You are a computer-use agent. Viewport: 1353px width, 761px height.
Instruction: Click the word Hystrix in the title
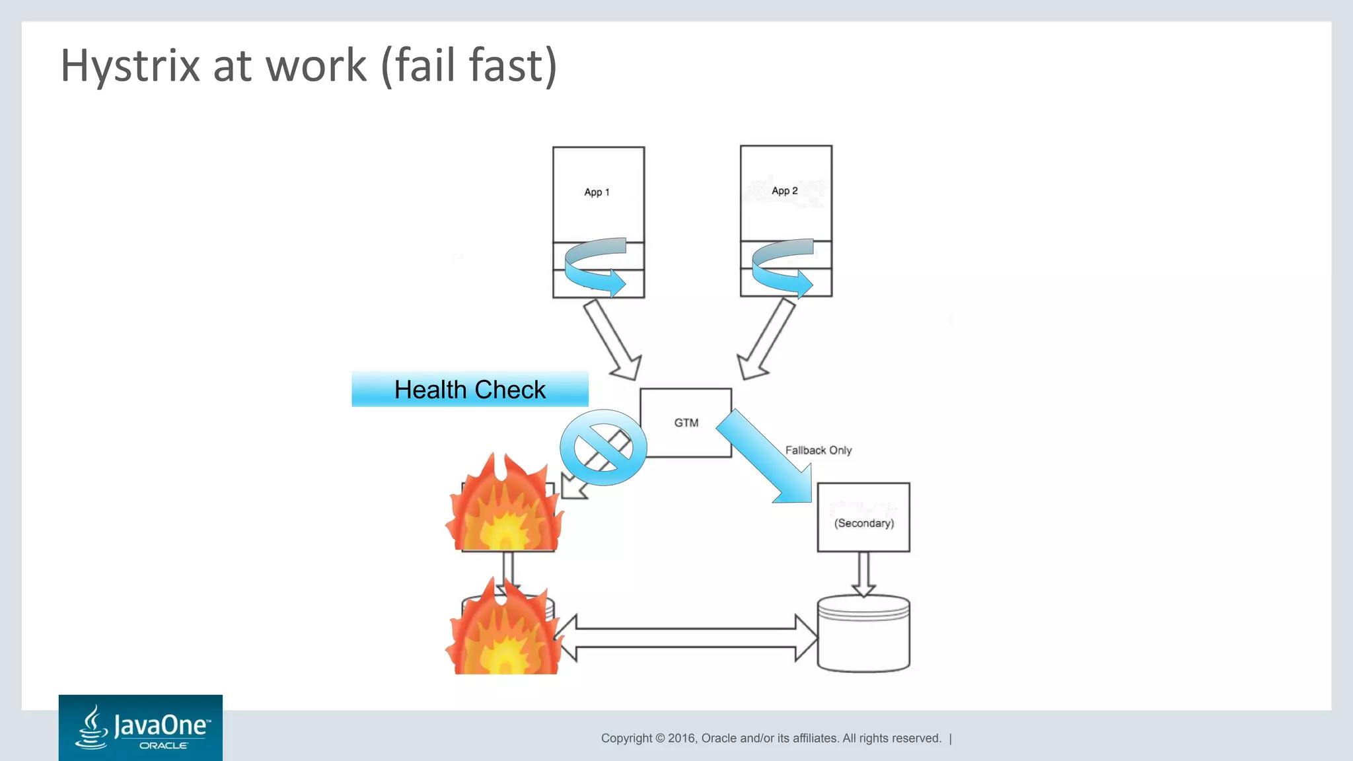129,66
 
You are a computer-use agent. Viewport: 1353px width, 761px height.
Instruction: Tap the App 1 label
597,192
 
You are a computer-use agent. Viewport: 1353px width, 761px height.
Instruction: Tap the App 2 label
784,191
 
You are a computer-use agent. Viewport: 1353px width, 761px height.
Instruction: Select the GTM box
686,423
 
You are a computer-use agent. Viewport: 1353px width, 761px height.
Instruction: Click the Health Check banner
470,390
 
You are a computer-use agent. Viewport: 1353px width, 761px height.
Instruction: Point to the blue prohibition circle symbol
603,448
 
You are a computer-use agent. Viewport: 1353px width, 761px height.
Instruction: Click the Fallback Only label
818,451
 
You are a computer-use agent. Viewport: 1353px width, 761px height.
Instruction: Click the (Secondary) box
863,517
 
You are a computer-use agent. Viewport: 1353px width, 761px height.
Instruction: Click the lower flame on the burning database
505,631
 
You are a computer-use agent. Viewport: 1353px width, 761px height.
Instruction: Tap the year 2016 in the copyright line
682,739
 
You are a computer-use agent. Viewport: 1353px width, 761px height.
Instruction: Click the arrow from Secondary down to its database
863,573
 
